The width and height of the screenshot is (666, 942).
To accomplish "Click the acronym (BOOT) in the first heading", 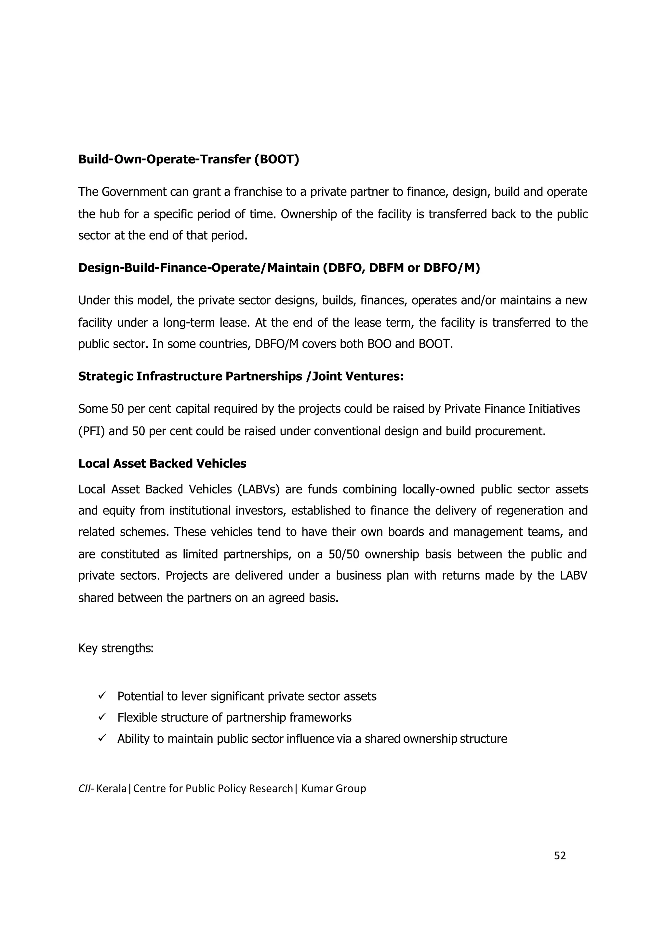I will tap(276, 159).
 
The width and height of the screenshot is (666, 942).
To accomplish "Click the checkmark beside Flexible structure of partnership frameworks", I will tap(102, 717).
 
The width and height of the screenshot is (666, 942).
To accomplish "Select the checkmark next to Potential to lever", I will tap(102, 695).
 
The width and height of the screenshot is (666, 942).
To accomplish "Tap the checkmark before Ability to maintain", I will tap(102, 738).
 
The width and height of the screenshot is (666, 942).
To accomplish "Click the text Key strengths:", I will tap(116, 648).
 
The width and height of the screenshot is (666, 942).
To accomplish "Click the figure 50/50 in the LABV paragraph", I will tap(343, 554).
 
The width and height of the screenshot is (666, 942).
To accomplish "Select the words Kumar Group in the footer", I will tap(333, 789).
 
